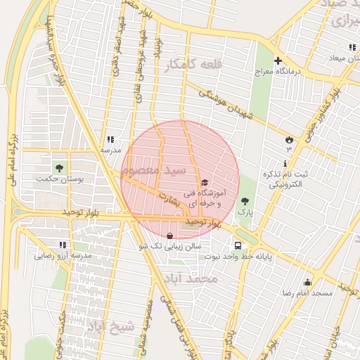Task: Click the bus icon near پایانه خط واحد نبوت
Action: pos(239,246)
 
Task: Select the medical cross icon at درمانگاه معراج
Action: pos(278,61)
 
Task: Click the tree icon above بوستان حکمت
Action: pos(59,167)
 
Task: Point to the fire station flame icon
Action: pos(288,139)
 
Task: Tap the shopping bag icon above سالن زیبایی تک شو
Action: pos(169,236)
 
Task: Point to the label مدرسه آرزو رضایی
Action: pos(64,256)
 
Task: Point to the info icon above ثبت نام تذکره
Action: pos(264,164)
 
